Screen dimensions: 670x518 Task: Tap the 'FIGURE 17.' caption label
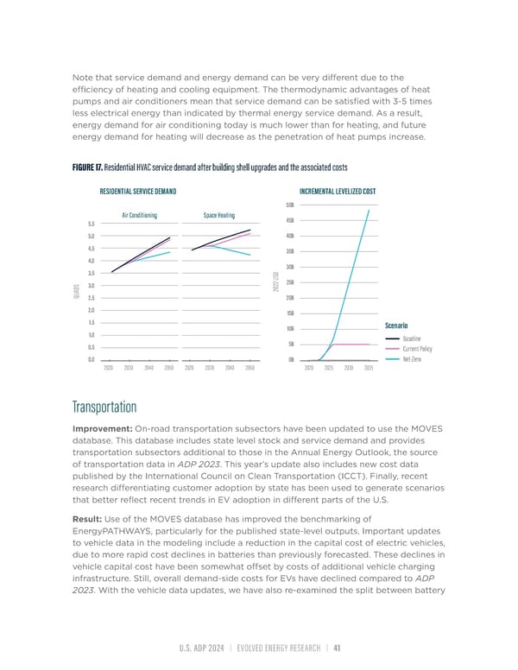coord(93,167)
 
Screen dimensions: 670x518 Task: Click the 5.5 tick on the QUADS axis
coord(91,223)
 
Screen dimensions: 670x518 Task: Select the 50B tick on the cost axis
coord(290,205)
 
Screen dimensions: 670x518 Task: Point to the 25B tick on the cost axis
coord(290,282)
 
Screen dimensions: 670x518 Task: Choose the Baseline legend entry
coord(411,338)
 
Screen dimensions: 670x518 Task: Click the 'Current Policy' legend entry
coord(417,349)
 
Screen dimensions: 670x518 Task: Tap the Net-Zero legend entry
coord(412,359)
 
